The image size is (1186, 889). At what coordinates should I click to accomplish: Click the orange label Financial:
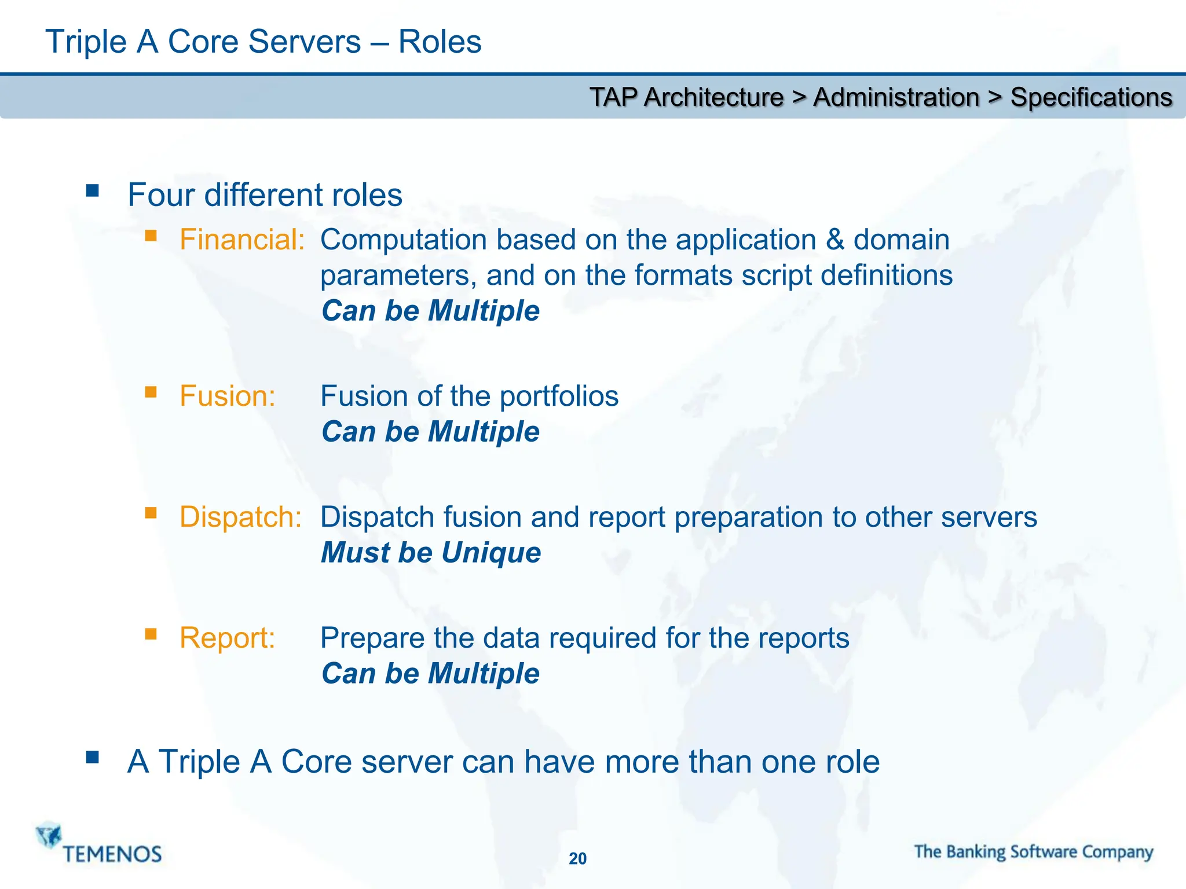click(x=242, y=240)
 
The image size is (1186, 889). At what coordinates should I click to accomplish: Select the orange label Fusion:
click(x=227, y=396)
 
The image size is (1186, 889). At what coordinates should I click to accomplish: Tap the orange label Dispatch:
click(x=240, y=517)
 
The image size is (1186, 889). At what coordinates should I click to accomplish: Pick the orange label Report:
click(x=227, y=638)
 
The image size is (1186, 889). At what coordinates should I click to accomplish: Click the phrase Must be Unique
click(x=431, y=553)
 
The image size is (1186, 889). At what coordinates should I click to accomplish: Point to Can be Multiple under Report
click(x=430, y=674)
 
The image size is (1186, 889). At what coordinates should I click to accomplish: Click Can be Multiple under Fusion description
click(x=430, y=432)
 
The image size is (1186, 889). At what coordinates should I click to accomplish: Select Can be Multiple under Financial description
click(x=430, y=311)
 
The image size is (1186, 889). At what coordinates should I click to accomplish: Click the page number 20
click(x=577, y=858)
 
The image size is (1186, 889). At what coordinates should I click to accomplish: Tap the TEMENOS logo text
click(x=112, y=854)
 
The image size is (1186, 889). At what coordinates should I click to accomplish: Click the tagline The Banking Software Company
click(x=1034, y=852)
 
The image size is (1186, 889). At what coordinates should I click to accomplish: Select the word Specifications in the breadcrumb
click(x=1091, y=97)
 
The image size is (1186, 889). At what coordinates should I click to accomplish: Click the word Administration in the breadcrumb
click(x=896, y=97)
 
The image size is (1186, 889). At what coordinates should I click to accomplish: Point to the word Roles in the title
click(x=440, y=42)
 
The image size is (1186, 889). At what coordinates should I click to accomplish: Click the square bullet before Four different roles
click(x=93, y=191)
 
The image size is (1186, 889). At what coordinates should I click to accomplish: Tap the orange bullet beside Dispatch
click(x=151, y=513)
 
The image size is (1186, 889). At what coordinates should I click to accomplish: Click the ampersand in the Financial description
click(x=834, y=240)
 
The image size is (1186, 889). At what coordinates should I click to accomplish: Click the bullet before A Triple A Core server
click(x=93, y=757)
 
